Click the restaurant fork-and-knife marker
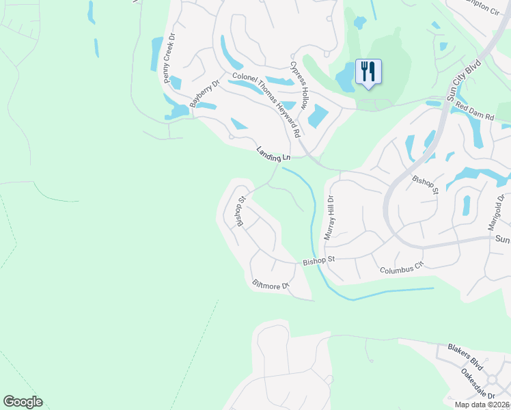pyautogui.click(x=368, y=71)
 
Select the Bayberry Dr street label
pyautogui.click(x=204, y=94)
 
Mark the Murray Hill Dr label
pyautogui.click(x=329, y=217)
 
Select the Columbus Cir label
pyautogui.click(x=402, y=270)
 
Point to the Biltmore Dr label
pyautogui.click(x=271, y=285)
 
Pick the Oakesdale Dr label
pyautogui.click(x=478, y=384)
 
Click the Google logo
pyautogui.click(x=23, y=402)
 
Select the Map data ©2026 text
pyautogui.click(x=482, y=405)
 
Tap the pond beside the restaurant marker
pyautogui.click(x=347, y=77)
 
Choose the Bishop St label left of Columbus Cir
pyautogui.click(x=320, y=260)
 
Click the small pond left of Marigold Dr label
pyautogui.click(x=467, y=205)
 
